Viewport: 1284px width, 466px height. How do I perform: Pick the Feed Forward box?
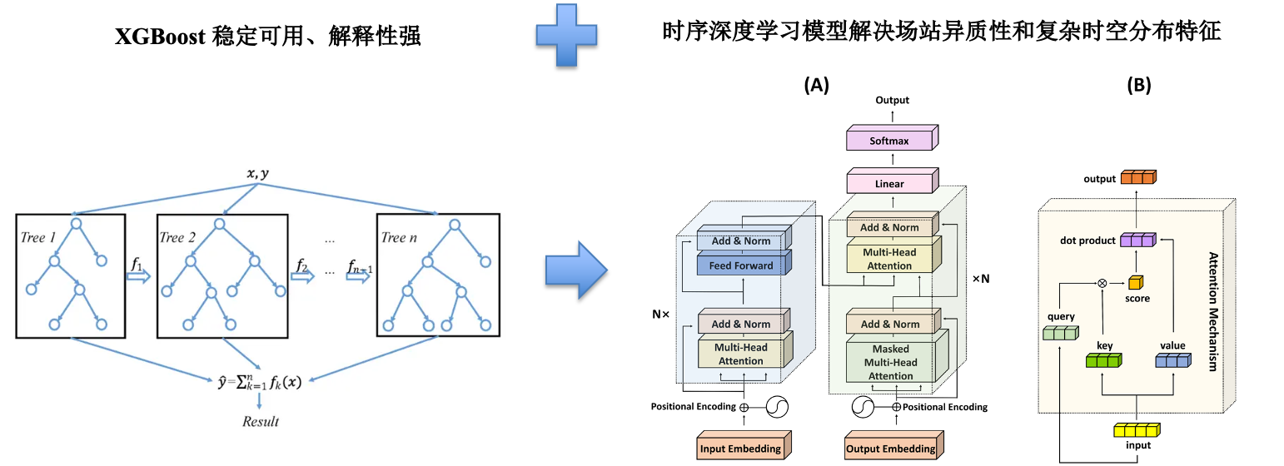pos(740,265)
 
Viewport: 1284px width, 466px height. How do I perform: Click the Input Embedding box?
pos(741,447)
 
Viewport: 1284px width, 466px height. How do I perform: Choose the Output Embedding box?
pos(890,447)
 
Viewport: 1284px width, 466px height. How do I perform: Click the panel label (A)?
pos(815,85)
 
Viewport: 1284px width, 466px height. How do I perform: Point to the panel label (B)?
pos(1138,85)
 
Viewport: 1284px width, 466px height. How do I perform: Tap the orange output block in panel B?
pos(1138,178)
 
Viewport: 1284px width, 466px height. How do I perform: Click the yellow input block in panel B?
pos(1137,430)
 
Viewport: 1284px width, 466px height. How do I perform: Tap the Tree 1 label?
pos(40,237)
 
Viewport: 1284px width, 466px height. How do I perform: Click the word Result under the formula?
pos(260,421)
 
